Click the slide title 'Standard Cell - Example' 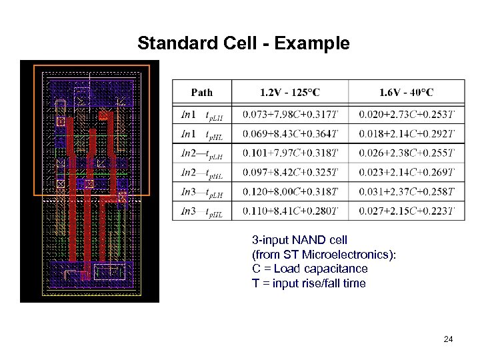click(x=243, y=44)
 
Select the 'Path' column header click(x=202, y=92)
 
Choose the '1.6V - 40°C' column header click(x=406, y=92)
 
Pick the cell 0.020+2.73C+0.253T click(x=407, y=114)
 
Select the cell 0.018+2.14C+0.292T click(x=407, y=134)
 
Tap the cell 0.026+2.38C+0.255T click(x=407, y=153)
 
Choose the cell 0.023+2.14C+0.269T click(x=407, y=173)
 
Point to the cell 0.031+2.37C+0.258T click(x=407, y=192)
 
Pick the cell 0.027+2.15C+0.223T click(x=407, y=211)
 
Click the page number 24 click(x=448, y=340)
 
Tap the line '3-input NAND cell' click(x=299, y=239)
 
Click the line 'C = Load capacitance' click(x=309, y=269)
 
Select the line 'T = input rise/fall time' click(x=309, y=283)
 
